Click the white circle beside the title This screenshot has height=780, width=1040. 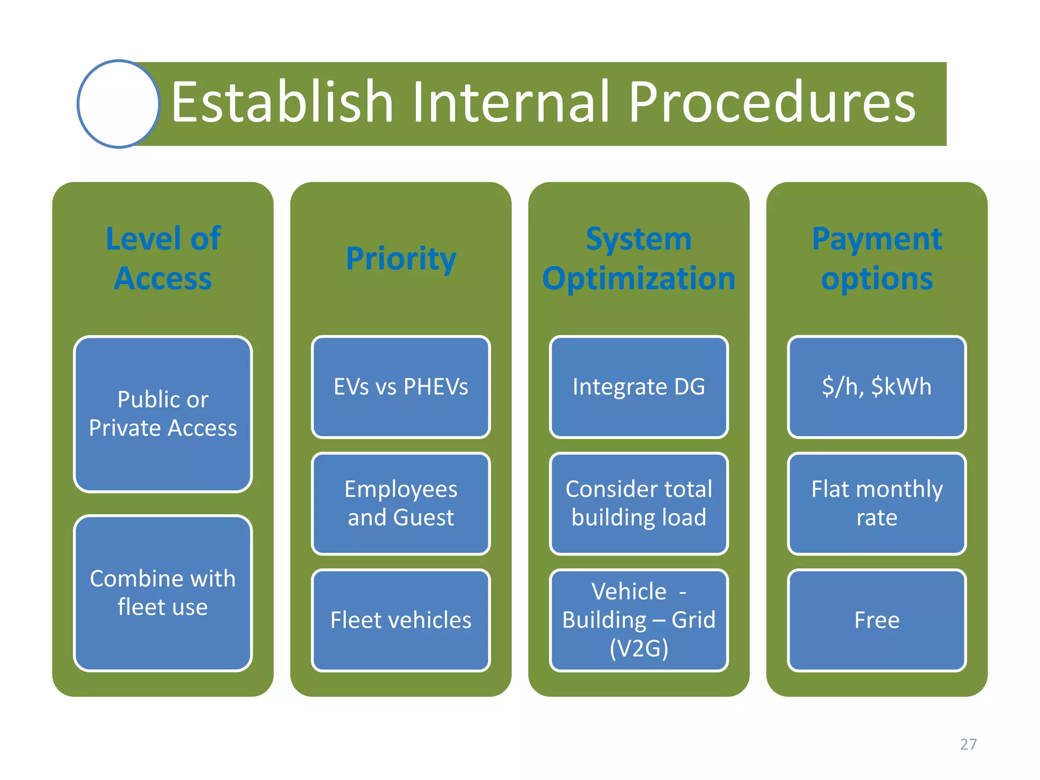coord(118,104)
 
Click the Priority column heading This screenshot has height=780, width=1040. coord(401,258)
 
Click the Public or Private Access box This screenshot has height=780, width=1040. coord(163,414)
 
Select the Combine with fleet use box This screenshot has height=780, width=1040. coord(163,593)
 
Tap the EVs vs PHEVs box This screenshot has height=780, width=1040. coord(401,387)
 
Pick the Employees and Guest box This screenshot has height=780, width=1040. coord(401,503)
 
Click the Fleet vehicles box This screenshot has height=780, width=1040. coord(401,620)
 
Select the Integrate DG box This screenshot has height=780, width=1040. coord(639,387)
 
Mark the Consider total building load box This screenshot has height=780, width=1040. coord(639,503)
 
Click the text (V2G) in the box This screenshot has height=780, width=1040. coord(639,648)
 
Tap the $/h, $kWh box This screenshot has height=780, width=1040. coord(876,387)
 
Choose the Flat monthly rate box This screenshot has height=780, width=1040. coord(876,503)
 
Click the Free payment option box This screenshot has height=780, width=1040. coord(876,620)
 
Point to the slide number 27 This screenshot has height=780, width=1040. coord(968,744)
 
